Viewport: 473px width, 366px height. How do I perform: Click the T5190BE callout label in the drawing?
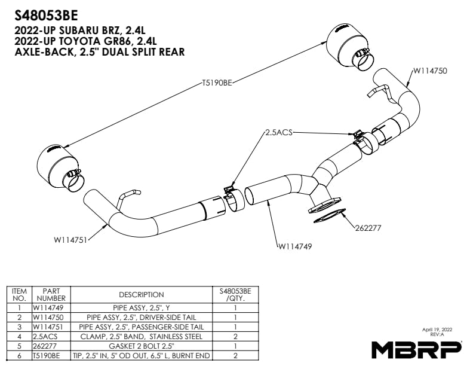click(x=216, y=84)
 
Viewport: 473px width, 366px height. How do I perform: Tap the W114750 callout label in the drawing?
click(x=429, y=71)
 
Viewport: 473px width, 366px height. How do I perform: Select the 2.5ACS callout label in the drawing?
click(x=279, y=133)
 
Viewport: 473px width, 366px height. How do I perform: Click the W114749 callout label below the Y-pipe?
click(x=296, y=245)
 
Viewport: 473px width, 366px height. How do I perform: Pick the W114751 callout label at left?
click(x=70, y=240)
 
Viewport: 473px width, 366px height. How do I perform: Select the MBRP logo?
click(x=416, y=348)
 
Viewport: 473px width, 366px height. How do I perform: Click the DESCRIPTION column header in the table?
click(x=141, y=294)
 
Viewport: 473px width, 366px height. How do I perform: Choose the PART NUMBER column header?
click(x=51, y=294)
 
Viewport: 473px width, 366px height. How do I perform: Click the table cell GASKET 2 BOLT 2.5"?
click(x=141, y=345)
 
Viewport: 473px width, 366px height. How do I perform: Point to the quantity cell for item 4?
click(x=235, y=336)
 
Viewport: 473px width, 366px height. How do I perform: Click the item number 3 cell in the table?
click(x=19, y=327)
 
